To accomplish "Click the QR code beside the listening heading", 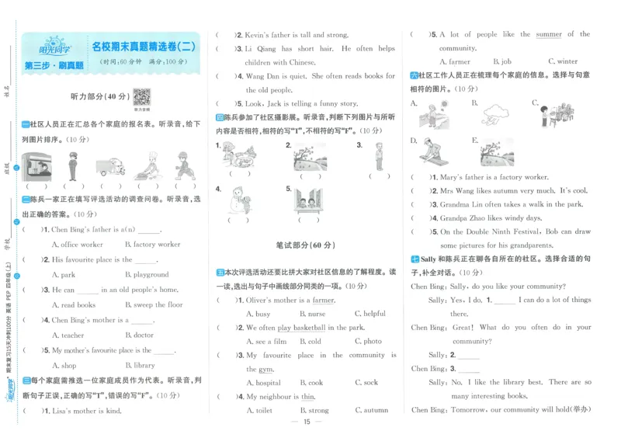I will pyautogui.click(x=141, y=97).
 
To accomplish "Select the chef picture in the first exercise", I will pyautogui.click(x=146, y=165).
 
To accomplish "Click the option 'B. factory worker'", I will pyautogui.click(x=152, y=245).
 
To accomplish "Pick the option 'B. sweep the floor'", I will pyautogui.click(x=154, y=305).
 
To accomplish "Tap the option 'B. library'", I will pyautogui.click(x=140, y=366).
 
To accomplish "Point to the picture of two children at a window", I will pyautogui.click(x=309, y=200).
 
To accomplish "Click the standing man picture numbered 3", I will pyautogui.click(x=379, y=156).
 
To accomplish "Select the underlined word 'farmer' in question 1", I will pyautogui.click(x=324, y=300).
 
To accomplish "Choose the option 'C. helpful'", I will pyautogui.click(x=369, y=314).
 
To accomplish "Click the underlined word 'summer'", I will pyautogui.click(x=549, y=34).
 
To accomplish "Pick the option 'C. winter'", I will pyautogui.click(x=562, y=61).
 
